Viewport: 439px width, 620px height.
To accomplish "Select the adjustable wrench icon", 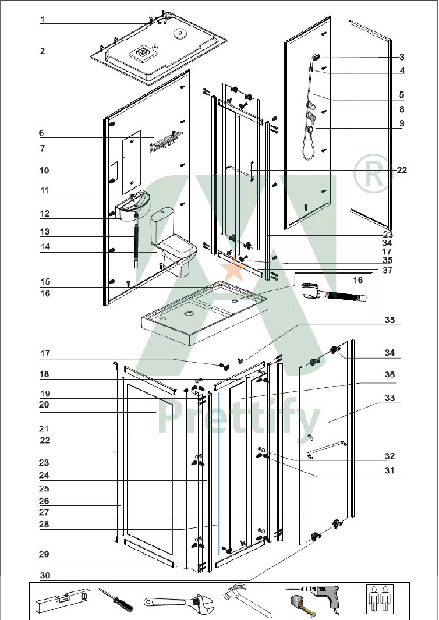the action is pos(178,603).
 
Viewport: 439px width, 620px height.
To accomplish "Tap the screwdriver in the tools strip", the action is pos(115,600).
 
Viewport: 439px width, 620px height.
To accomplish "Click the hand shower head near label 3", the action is pos(316,58).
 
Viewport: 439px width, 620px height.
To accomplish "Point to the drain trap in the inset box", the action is pos(334,293).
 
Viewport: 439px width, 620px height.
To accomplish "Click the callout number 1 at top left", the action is pos(43,19).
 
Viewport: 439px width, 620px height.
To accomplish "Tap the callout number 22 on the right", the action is pos(402,171).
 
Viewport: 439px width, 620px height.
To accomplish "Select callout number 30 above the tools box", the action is pos(45,575).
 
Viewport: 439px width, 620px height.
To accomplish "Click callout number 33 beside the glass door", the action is pos(390,398).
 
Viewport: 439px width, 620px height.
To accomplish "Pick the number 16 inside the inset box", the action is pos(357,280).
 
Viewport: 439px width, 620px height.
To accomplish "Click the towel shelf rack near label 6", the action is pos(166,141).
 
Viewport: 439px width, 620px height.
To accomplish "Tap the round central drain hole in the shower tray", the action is pos(188,314).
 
